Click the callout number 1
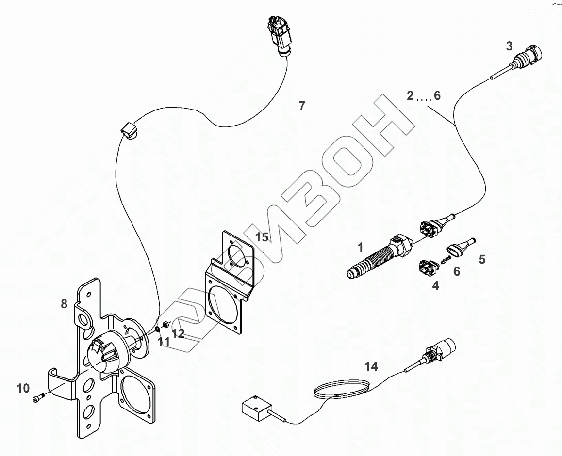click(x=360, y=248)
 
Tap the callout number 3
click(x=509, y=47)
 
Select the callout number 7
click(x=302, y=106)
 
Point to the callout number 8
click(x=64, y=304)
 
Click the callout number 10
click(x=23, y=388)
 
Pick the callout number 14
click(x=371, y=367)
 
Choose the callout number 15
click(x=262, y=237)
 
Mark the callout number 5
click(x=481, y=259)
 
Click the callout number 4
click(x=435, y=286)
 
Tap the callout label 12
click(x=178, y=333)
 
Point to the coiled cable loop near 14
click(x=343, y=389)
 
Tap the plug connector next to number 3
click(x=532, y=54)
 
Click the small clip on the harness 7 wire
click(x=128, y=130)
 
